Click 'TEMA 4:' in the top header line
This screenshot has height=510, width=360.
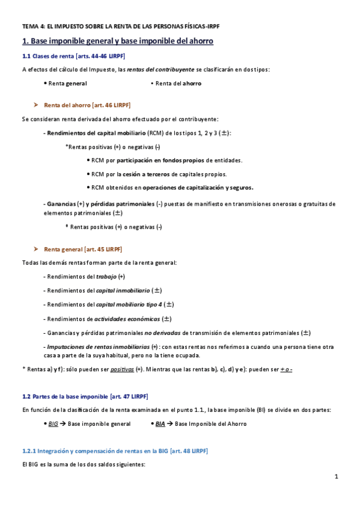click(32, 27)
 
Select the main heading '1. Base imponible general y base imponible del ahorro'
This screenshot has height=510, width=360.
click(117, 41)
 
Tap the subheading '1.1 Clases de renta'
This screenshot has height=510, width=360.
click(45, 57)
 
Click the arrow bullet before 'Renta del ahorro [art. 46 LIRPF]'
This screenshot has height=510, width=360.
click(37, 104)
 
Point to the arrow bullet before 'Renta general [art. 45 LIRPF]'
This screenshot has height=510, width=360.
click(37, 249)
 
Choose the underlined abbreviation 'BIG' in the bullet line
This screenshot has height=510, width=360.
click(53, 423)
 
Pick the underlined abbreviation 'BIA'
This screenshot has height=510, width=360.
click(160, 423)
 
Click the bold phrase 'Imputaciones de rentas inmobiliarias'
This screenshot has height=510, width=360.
click(97, 347)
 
